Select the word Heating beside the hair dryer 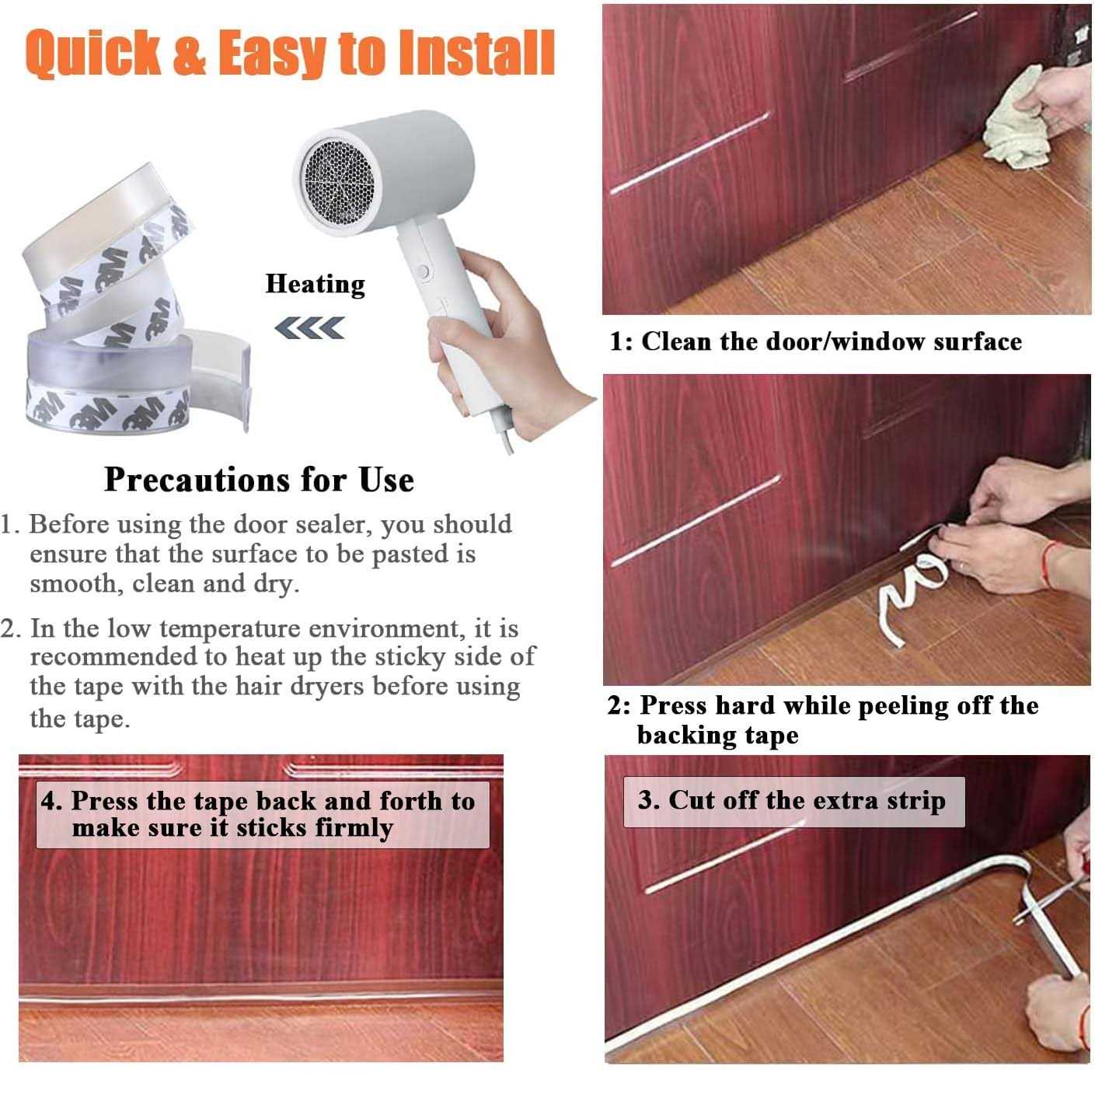click(316, 285)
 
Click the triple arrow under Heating click(309, 328)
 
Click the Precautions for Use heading click(260, 480)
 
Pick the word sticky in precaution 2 click(410, 656)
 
